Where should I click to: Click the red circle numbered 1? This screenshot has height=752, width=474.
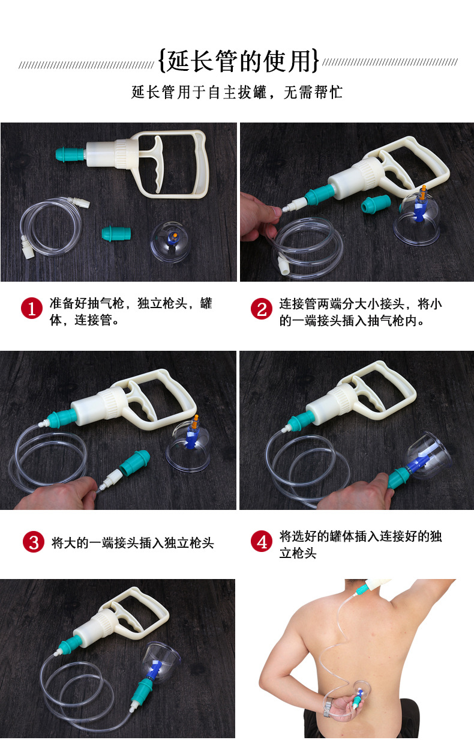(32, 308)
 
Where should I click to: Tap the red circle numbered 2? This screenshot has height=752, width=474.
(262, 309)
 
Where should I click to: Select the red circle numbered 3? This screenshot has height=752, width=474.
(34, 542)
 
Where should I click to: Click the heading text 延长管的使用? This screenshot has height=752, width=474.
(239, 61)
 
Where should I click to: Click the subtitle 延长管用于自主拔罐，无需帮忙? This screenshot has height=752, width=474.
(237, 92)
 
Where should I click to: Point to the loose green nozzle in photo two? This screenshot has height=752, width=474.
(376, 204)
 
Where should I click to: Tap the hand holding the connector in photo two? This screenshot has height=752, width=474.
(259, 216)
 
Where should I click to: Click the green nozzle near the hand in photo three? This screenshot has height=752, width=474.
(134, 461)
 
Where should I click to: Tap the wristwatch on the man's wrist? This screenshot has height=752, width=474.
(328, 708)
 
